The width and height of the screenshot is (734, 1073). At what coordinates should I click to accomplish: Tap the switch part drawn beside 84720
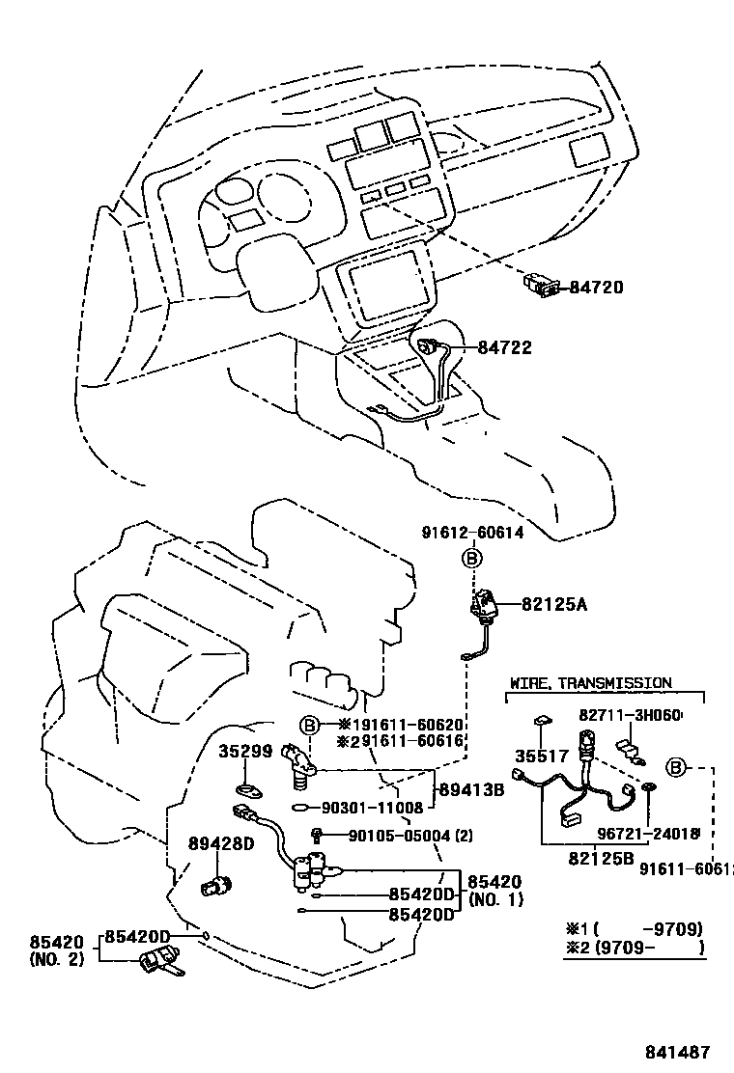[542, 285]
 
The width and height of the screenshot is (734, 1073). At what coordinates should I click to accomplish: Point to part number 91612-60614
[472, 533]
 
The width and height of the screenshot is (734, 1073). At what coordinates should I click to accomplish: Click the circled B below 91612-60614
[471, 558]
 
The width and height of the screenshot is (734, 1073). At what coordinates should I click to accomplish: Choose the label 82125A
[554, 605]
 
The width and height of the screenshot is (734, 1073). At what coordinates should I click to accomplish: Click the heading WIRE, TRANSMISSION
[590, 682]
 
